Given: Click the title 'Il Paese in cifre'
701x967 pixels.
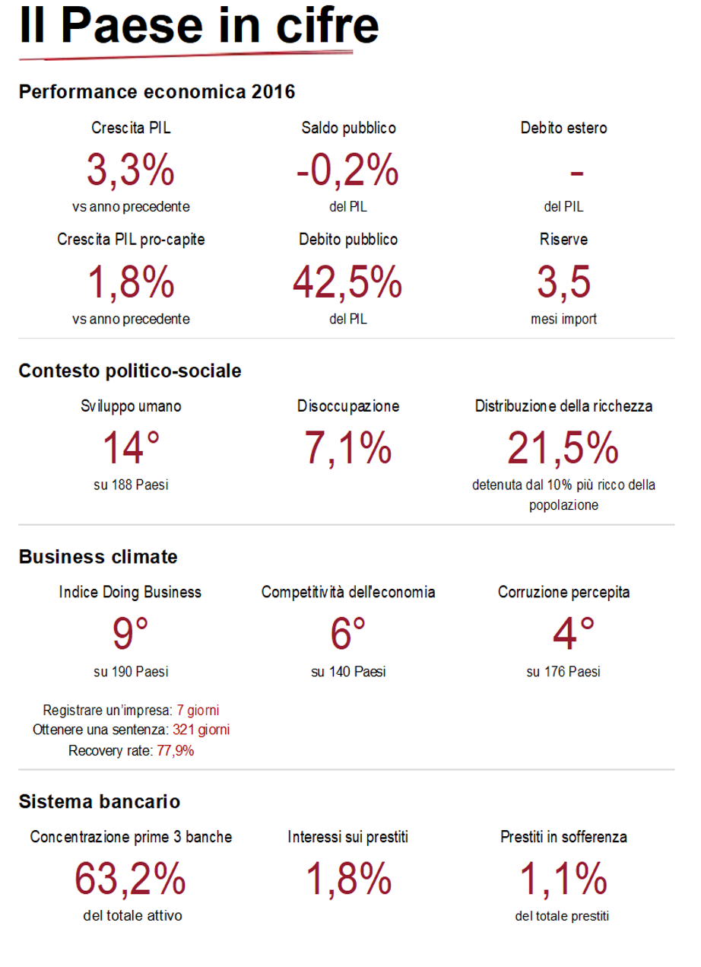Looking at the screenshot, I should [x=199, y=26].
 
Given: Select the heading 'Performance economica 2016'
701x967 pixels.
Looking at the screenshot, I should [x=157, y=92].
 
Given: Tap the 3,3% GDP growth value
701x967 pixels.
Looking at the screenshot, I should [x=131, y=170].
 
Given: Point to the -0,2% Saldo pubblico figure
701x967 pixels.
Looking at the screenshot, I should [x=348, y=170].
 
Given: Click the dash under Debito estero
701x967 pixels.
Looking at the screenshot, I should [x=576, y=173].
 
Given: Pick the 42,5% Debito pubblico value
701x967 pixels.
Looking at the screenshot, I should [x=348, y=282].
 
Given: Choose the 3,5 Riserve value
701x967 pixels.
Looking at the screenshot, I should [x=563, y=282].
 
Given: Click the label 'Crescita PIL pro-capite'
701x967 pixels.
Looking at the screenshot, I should [x=131, y=240].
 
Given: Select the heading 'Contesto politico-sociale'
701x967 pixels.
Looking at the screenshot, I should [x=130, y=371].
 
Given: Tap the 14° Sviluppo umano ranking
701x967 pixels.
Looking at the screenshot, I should [x=131, y=447].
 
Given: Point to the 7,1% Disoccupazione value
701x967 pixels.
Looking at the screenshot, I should [x=348, y=447].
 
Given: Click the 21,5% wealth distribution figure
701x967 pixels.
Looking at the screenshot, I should [x=563, y=447].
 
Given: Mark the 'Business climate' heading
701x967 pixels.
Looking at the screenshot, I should [x=98, y=556].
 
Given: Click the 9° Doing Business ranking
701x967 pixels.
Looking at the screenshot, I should [x=131, y=634].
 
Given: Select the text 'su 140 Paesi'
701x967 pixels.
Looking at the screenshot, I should [x=348, y=672].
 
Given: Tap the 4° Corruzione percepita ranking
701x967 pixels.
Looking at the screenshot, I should [x=563, y=634].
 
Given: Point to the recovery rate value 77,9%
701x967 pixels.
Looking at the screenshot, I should [x=174, y=750].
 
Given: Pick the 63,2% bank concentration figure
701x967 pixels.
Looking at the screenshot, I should [x=131, y=880].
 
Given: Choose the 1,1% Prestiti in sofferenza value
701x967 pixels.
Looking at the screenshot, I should [x=563, y=880].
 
